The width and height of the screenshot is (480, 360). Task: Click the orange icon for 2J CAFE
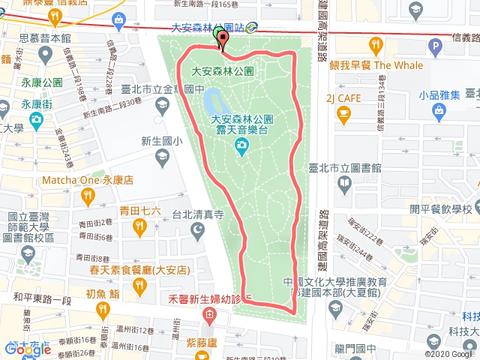[344, 115]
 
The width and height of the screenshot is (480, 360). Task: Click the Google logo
[27, 349]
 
